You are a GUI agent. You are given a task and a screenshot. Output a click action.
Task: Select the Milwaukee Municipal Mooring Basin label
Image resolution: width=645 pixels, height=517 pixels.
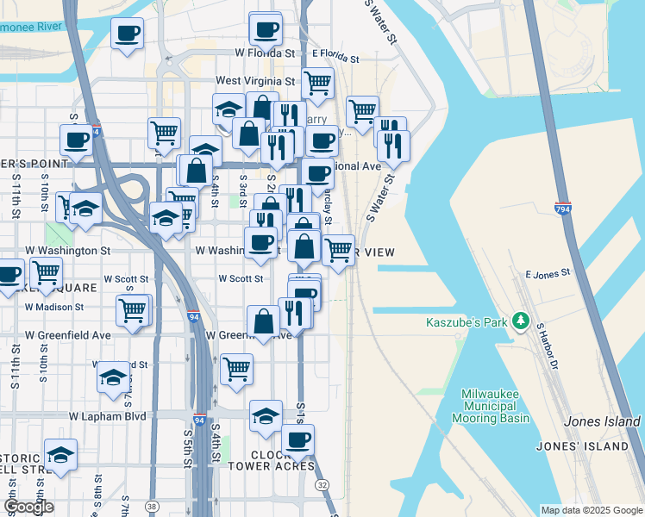(488, 405)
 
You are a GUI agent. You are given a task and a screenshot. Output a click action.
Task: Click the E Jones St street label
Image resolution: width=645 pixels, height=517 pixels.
(548, 273)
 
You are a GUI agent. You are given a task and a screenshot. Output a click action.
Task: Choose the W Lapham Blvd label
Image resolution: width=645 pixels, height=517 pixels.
(109, 415)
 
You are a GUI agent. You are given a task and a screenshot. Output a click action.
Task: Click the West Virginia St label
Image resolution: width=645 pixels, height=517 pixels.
(255, 81)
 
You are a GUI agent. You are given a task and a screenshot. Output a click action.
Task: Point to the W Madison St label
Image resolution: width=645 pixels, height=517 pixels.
(54, 306)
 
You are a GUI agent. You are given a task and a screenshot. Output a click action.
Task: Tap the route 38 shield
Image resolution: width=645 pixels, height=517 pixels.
(152, 506)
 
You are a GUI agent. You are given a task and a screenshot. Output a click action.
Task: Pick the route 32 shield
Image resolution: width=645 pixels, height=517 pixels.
(322, 485)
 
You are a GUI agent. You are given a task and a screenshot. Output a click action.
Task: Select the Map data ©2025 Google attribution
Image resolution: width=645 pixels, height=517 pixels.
(592, 510)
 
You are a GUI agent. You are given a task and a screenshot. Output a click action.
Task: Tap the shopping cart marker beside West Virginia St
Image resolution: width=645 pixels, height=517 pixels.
(317, 83)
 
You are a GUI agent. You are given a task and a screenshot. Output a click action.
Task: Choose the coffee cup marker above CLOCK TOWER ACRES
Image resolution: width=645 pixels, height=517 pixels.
(297, 439)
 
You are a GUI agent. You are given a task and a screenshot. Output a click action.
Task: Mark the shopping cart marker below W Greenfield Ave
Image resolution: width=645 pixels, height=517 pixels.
(236, 368)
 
